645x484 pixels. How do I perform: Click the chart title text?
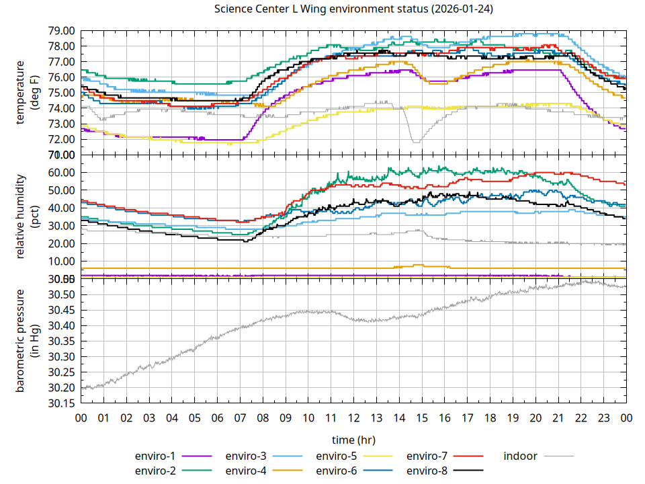352,9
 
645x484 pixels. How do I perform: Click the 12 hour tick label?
353,418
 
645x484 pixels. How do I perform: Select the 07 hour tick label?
240,418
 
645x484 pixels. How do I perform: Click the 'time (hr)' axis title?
353,440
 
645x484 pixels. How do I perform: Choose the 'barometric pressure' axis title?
23,341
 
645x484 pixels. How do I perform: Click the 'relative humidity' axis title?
23,215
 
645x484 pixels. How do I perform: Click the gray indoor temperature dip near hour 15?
416,141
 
